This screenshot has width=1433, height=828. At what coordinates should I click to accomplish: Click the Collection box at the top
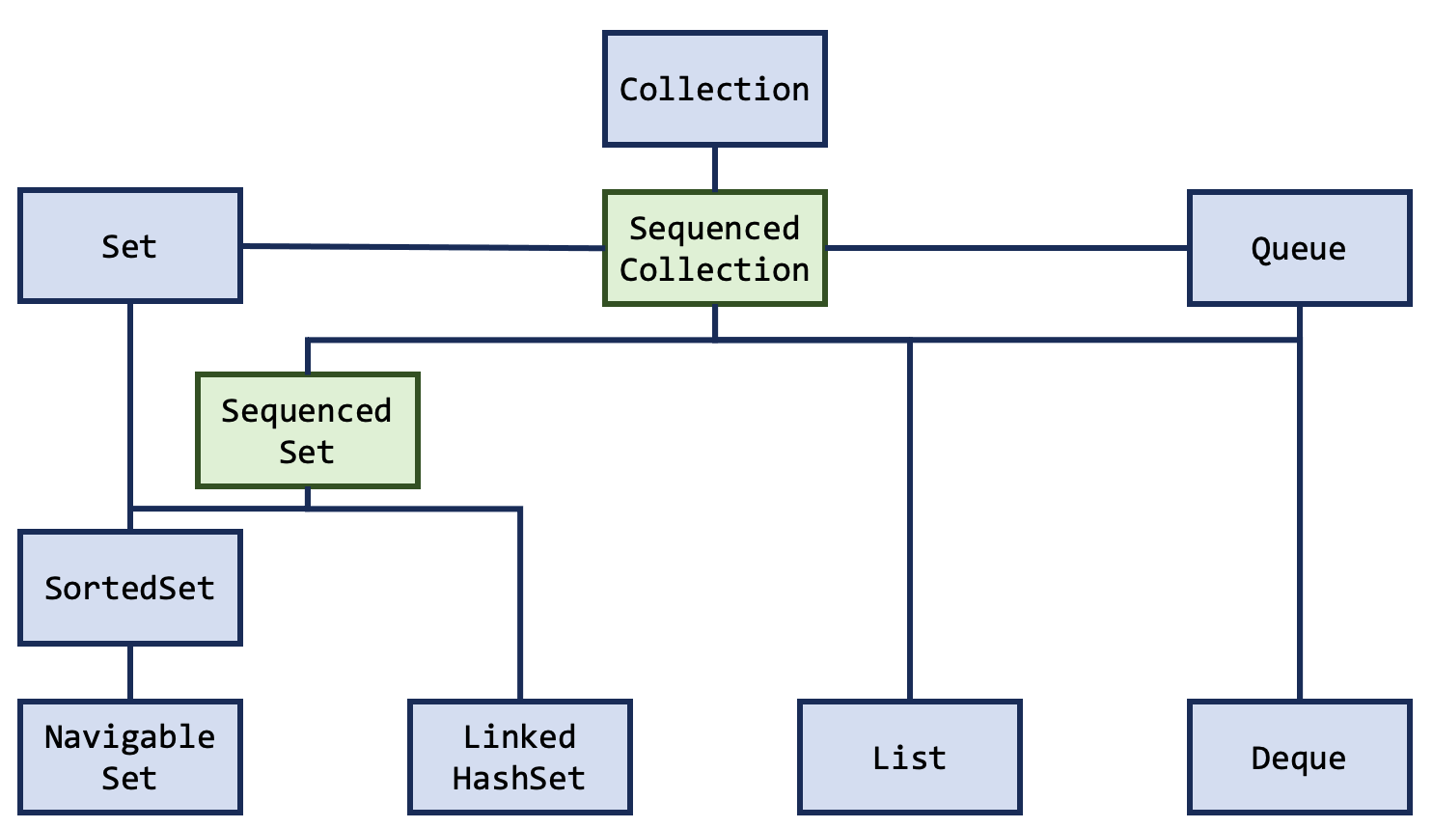(x=714, y=89)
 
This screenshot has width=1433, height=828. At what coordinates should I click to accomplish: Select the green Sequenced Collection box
(x=714, y=249)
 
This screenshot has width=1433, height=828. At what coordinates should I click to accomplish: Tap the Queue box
(x=1299, y=249)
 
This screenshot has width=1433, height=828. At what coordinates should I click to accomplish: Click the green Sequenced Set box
(x=307, y=430)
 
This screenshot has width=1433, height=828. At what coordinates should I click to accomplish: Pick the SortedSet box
(x=129, y=588)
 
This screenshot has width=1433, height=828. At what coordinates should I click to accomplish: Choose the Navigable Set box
(x=129, y=758)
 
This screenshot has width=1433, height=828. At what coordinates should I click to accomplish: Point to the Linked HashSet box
(x=519, y=758)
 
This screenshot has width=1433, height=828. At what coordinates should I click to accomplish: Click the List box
(x=909, y=758)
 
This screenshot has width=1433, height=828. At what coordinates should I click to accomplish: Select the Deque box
(x=1299, y=758)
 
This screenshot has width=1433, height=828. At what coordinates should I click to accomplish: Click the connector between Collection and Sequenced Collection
(x=715, y=169)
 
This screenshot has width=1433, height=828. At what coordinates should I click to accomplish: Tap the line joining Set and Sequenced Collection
(x=423, y=247)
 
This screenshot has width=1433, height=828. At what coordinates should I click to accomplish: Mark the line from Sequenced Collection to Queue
(x=1006, y=248)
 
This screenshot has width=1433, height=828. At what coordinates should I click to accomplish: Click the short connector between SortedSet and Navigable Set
(x=130, y=673)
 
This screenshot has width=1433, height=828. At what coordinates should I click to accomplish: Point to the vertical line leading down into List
(x=910, y=521)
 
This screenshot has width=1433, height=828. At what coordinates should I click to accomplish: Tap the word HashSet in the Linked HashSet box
(x=519, y=778)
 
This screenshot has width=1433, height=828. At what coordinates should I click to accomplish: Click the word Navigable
(x=129, y=737)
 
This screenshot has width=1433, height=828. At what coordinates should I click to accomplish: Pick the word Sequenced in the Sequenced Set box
(x=307, y=411)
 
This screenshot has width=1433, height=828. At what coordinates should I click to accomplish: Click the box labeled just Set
(x=129, y=246)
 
